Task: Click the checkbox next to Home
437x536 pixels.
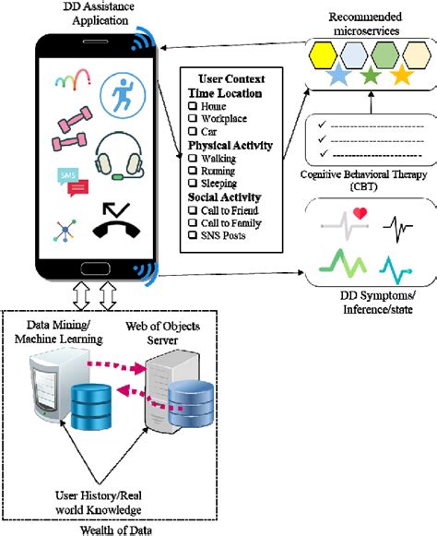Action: pyautogui.click(x=193, y=108)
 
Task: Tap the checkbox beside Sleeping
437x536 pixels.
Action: pyautogui.click(x=193, y=184)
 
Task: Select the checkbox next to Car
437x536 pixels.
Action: pyautogui.click(x=193, y=133)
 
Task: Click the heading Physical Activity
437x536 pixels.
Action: pyautogui.click(x=230, y=146)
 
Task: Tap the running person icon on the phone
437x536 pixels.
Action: pyautogui.click(x=123, y=96)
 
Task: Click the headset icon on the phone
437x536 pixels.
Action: pyautogui.click(x=122, y=153)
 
